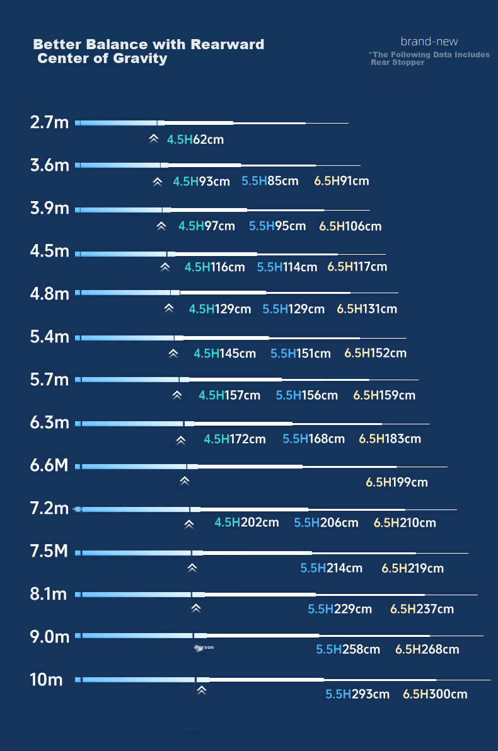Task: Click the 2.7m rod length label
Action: point(49,122)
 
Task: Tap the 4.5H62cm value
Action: point(195,139)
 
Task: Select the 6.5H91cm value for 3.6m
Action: point(342,181)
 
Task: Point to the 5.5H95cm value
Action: point(277,226)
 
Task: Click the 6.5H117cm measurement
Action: point(357,267)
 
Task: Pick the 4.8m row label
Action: point(50,294)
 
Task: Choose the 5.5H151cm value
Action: point(301,354)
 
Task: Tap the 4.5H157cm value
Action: point(229,395)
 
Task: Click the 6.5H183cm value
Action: point(390,439)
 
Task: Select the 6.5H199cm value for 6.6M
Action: point(397,482)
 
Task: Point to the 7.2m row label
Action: point(50,508)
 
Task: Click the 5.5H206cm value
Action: point(326,523)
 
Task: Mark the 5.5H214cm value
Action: point(332,568)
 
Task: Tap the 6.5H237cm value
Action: point(422,608)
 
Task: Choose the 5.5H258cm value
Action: point(348,649)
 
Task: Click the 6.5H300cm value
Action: point(435,694)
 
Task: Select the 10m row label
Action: point(47,680)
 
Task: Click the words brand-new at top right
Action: point(429,42)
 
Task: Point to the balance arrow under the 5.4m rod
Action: point(173,354)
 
